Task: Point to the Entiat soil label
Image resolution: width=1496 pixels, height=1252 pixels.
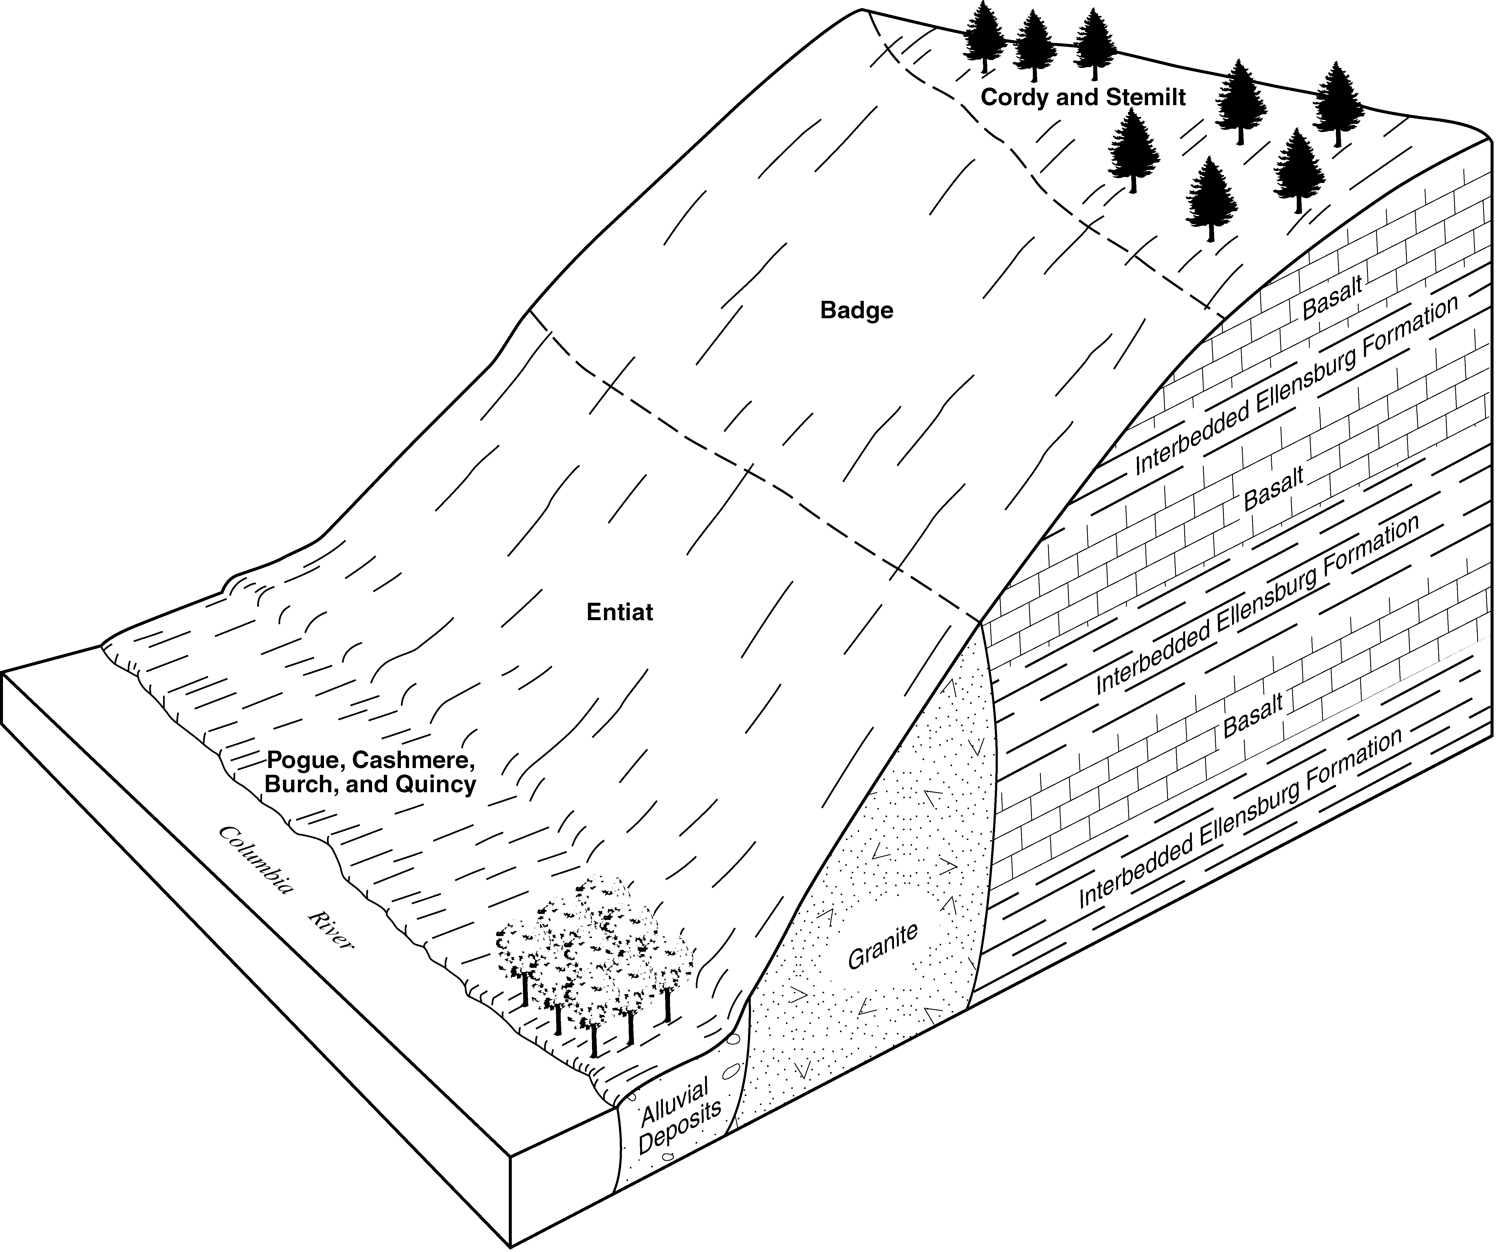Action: [620, 613]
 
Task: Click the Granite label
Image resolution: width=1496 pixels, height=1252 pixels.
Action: [883, 947]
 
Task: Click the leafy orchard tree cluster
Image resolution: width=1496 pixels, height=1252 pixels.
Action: [595, 965]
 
